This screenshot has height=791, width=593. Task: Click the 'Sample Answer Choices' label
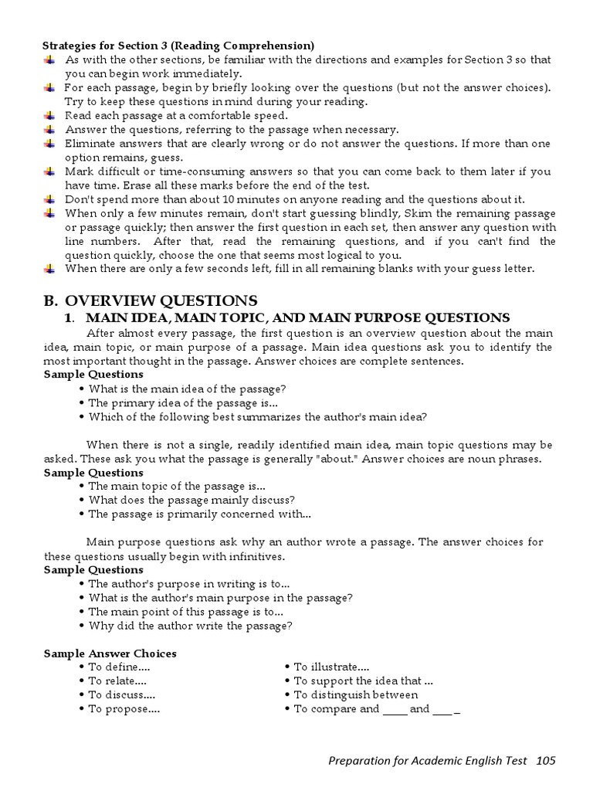tap(110, 653)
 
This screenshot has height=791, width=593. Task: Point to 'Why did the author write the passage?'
tap(190, 625)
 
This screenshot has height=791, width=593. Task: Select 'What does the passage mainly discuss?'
tap(191, 500)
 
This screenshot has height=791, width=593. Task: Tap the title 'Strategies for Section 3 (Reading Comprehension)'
tap(178, 46)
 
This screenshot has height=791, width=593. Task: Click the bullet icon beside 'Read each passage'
tap(50, 115)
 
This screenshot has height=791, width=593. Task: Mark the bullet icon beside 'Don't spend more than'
tap(50, 199)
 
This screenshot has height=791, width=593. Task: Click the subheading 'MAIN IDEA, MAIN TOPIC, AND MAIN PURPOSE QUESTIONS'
tap(297, 317)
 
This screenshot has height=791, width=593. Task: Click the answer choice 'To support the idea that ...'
tap(363, 681)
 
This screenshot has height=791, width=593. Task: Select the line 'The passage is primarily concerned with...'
tap(199, 514)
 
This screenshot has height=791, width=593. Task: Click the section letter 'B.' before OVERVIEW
tap(51, 300)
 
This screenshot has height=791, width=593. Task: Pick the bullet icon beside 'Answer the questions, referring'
tap(50, 129)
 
